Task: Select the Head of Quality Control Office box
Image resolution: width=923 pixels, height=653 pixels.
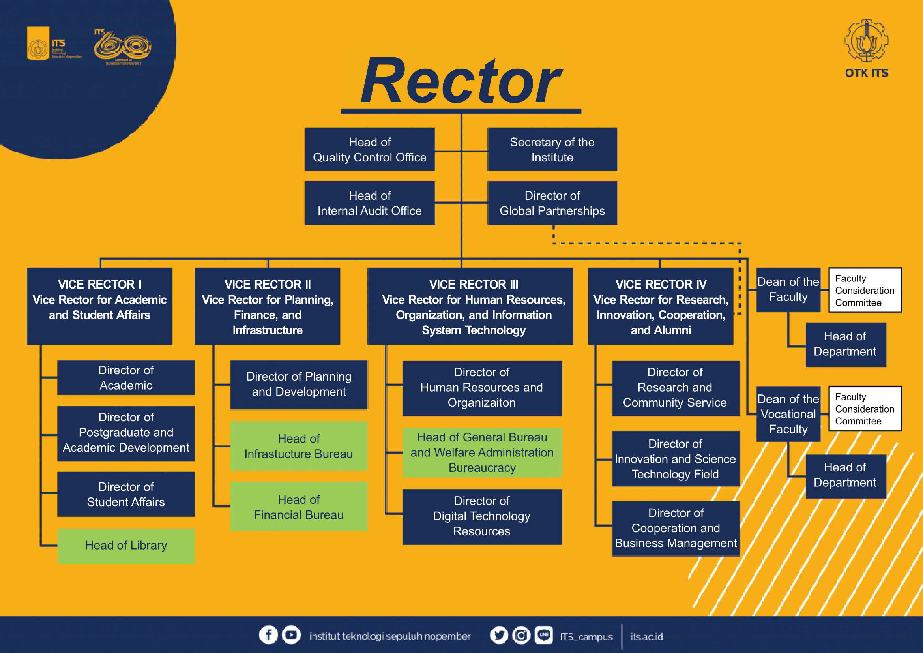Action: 370,150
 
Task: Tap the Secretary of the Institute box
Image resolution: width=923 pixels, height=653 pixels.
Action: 552,150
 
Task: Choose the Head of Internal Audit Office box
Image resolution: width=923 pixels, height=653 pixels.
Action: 370,203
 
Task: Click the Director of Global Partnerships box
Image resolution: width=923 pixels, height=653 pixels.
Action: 552,203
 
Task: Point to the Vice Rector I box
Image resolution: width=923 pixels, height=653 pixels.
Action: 100,306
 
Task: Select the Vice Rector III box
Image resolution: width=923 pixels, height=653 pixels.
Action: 470,306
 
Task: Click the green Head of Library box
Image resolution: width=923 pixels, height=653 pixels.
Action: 126,546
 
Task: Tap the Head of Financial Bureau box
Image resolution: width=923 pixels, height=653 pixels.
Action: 299,507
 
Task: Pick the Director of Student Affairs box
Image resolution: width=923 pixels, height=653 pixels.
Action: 126,494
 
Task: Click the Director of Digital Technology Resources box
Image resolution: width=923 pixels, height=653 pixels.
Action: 482,516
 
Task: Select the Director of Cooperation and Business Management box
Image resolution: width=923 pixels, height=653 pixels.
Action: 675,528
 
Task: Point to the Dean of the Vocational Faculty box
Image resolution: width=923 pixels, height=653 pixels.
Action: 788,414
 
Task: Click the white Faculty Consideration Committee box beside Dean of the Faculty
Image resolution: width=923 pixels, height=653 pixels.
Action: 865,290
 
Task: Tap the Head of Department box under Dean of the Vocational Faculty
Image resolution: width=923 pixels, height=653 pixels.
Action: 845,476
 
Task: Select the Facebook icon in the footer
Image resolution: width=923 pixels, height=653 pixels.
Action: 269,635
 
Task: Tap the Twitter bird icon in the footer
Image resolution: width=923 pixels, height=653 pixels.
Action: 499,635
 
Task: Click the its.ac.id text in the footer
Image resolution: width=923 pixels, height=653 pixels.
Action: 646,636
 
